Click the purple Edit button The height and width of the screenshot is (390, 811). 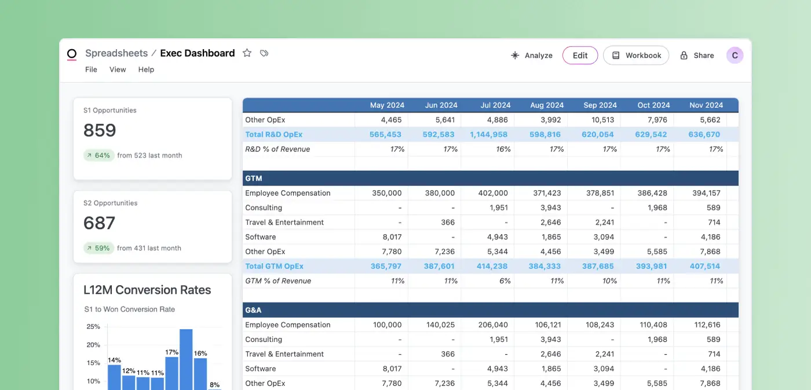[x=580, y=56]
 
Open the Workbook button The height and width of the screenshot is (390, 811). [x=636, y=56]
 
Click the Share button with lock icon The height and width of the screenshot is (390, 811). [x=697, y=56]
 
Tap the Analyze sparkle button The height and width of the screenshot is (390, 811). [x=531, y=56]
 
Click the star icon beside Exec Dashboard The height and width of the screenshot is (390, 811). [x=247, y=53]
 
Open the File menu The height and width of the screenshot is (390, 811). [x=91, y=70]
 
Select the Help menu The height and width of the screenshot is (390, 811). [x=146, y=70]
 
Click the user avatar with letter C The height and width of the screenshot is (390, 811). [x=735, y=56]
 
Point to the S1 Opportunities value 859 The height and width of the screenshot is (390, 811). [x=100, y=130]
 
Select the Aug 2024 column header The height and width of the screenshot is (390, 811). [x=546, y=105]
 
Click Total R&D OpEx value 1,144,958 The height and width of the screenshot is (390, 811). [x=489, y=134]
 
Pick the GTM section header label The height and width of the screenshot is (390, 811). [x=254, y=178]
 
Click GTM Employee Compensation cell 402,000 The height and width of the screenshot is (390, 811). [x=493, y=193]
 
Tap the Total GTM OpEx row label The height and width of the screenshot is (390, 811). [x=274, y=266]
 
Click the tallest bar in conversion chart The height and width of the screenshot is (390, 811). [x=186, y=359]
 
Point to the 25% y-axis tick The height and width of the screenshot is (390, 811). [x=93, y=327]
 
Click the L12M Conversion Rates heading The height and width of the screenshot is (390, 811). [x=147, y=290]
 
